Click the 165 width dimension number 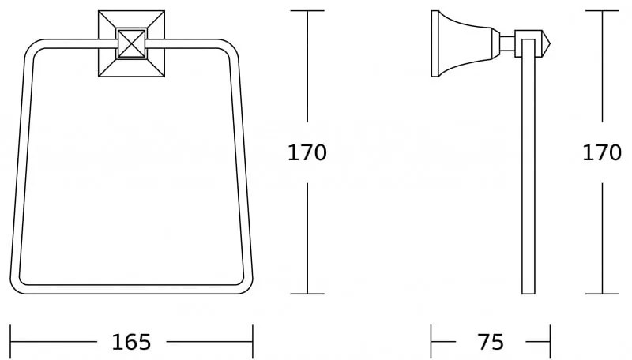(131, 342)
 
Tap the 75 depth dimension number (491, 342)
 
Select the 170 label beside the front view (307, 152)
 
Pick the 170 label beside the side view (602, 152)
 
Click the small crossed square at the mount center (131, 43)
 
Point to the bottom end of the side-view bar (528, 291)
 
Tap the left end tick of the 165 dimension (10, 342)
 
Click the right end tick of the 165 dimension (252, 342)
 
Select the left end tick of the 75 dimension (431, 342)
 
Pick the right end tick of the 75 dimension (550, 342)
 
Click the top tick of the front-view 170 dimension (307, 11)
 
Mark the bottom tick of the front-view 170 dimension (307, 294)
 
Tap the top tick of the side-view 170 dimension (603, 11)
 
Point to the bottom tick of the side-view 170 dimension (603, 294)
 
